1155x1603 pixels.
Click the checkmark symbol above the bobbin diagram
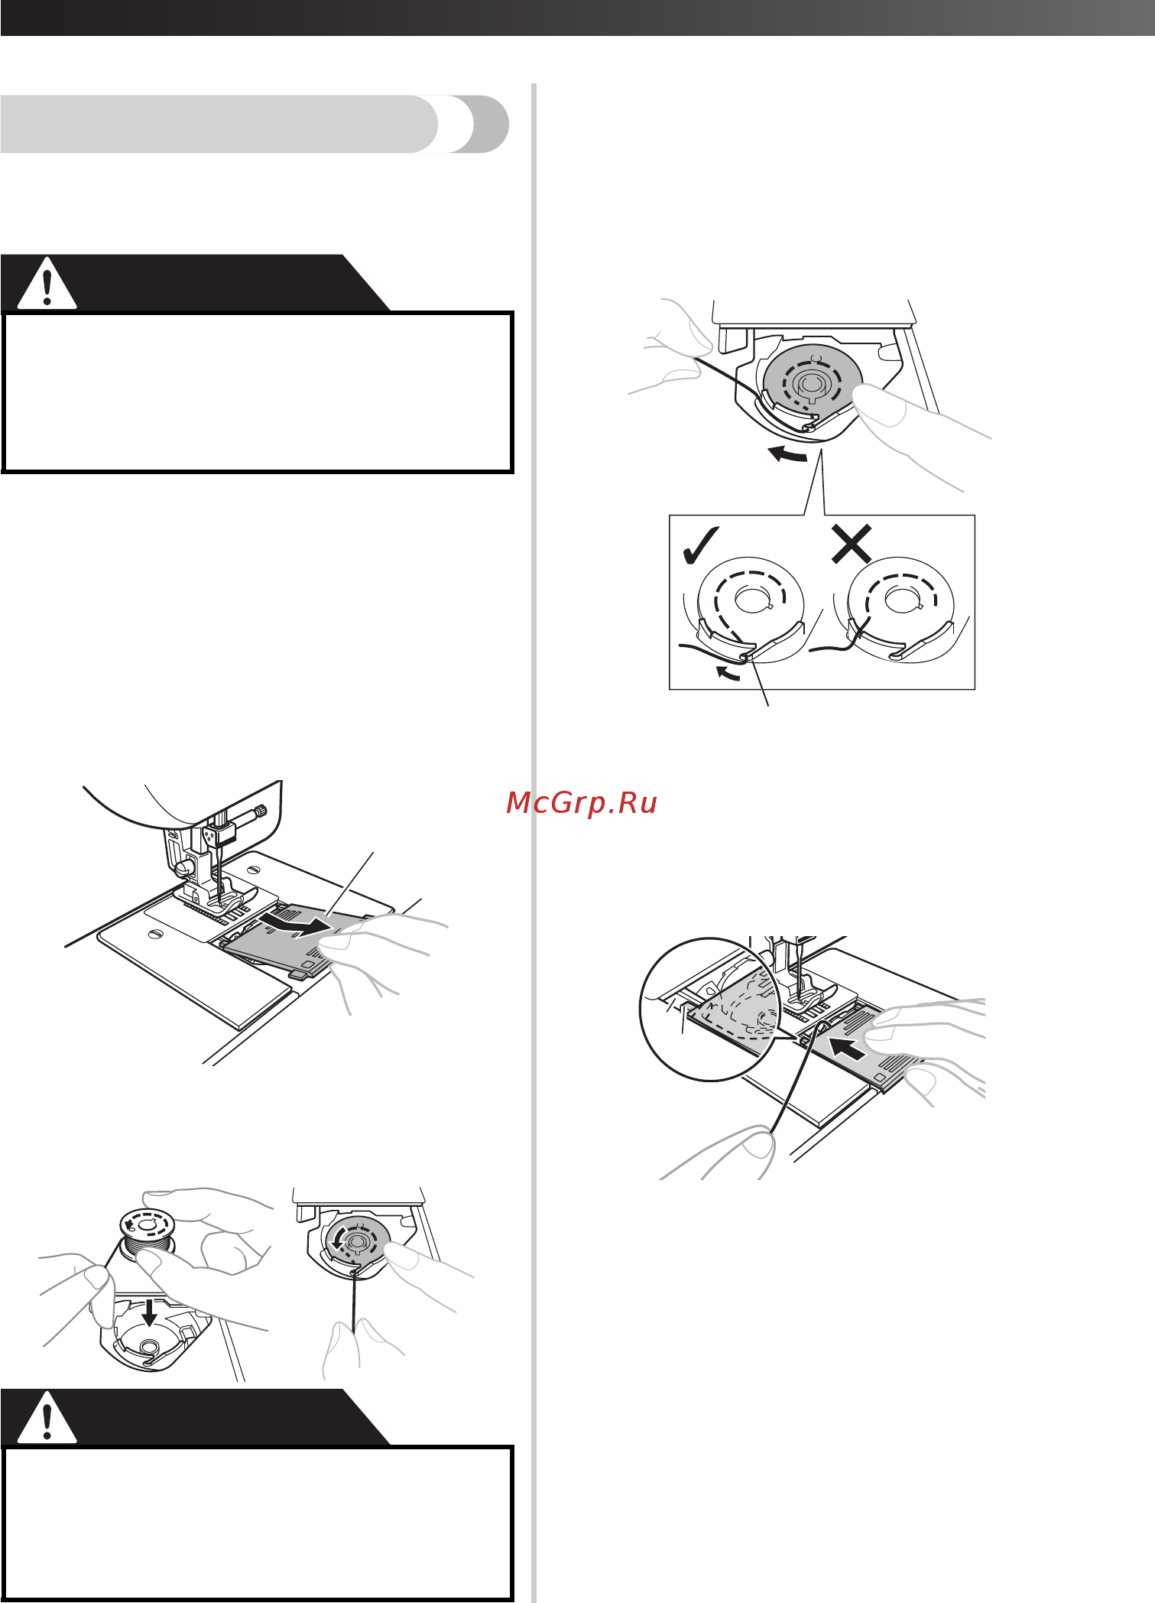[x=699, y=546]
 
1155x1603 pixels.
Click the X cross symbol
[x=852, y=544]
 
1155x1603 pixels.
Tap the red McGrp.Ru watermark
[x=582, y=803]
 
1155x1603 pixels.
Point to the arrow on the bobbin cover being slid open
[x=294, y=922]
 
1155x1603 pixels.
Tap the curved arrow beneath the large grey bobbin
[x=787, y=454]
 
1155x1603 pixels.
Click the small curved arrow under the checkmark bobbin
[x=727, y=672]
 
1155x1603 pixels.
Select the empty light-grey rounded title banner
[x=255, y=124]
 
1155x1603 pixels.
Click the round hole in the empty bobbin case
[x=149, y=1345]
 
